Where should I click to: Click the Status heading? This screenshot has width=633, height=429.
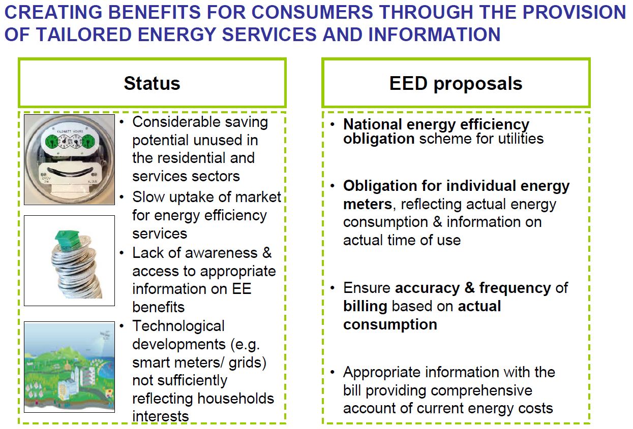click(x=152, y=83)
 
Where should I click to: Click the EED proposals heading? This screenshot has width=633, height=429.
click(x=456, y=83)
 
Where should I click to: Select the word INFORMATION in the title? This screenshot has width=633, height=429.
click(x=434, y=35)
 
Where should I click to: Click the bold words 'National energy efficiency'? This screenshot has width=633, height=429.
click(x=436, y=124)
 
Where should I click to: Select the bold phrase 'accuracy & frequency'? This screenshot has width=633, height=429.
click(x=473, y=288)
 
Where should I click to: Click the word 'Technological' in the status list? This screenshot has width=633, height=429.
click(x=178, y=326)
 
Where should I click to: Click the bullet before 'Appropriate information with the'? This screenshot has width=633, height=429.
click(x=332, y=373)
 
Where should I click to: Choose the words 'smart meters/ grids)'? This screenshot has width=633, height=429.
click(x=199, y=362)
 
